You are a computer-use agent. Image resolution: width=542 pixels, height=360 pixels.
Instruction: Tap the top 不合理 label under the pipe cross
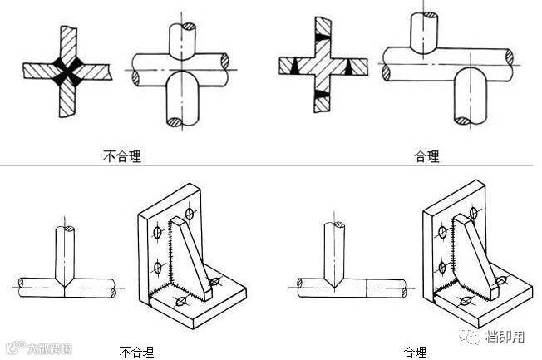[119, 155]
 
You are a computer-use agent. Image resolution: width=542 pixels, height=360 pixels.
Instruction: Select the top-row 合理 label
[426, 155]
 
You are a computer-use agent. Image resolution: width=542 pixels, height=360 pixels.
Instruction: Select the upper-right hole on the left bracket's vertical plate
[190, 215]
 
